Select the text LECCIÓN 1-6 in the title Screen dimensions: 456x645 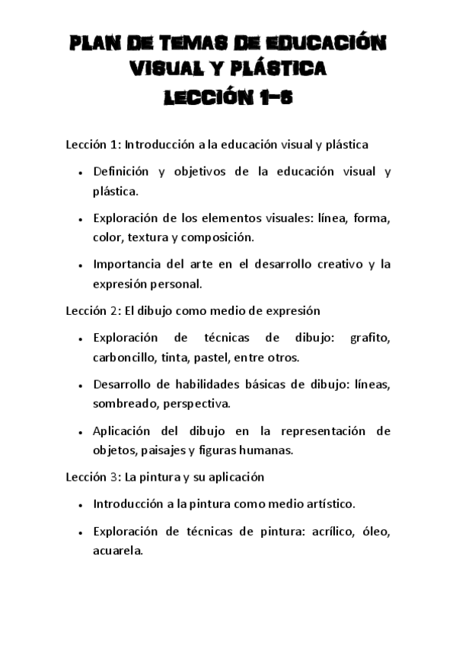coord(228,98)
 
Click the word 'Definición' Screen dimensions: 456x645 coord(120,171)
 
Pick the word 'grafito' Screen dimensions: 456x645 coord(370,338)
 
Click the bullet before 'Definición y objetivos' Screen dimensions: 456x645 coord(81,173)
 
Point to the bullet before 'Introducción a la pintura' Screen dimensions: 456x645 coord(81,505)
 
